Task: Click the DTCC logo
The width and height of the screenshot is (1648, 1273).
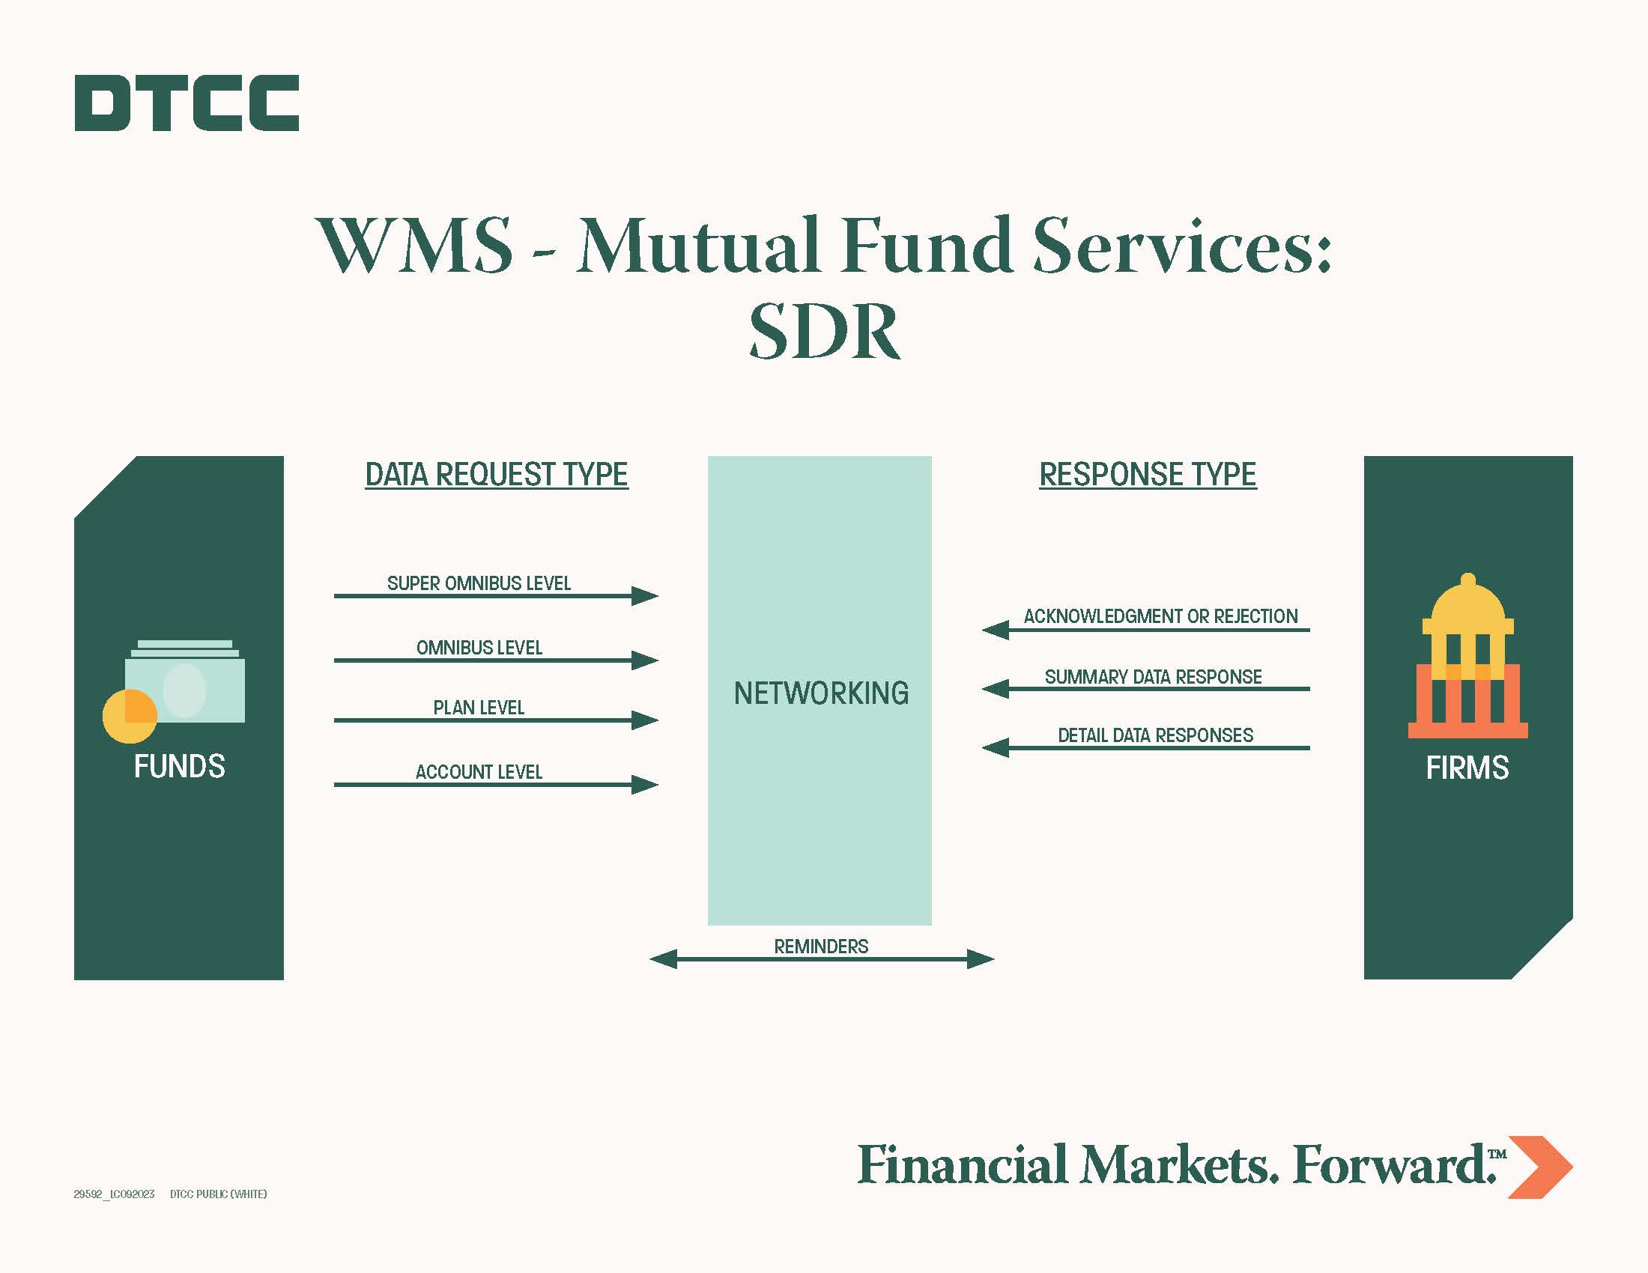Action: pos(187,103)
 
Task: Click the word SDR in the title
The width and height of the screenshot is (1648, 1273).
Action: pos(824,331)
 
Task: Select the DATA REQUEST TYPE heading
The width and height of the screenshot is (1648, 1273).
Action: pos(497,474)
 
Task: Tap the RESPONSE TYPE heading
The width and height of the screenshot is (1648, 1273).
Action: pos(1148,474)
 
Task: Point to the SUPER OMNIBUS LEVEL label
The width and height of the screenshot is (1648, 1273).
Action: pos(479,583)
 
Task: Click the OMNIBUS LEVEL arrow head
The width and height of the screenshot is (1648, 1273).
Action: pos(645,660)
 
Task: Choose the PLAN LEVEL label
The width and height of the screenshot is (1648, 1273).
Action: pos(479,708)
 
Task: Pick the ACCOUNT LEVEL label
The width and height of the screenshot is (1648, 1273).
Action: pos(479,771)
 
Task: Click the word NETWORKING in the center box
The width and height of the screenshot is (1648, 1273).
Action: pos(821,693)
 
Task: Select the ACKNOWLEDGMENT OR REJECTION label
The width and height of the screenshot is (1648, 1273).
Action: pos(1160,616)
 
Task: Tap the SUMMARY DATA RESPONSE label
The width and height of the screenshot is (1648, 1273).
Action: pos(1153,676)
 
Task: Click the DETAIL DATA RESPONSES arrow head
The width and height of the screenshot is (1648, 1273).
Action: pos(996,747)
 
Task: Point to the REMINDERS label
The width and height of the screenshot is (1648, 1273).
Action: pos(821,946)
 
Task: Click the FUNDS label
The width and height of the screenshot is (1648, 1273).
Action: pos(180,766)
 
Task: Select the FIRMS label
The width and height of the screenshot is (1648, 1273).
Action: pos(1467,768)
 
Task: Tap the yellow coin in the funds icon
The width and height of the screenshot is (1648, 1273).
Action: pos(130,717)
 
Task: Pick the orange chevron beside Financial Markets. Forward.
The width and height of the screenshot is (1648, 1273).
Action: pos(1539,1167)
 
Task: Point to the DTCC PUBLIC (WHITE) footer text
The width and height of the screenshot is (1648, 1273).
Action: pos(218,1194)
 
